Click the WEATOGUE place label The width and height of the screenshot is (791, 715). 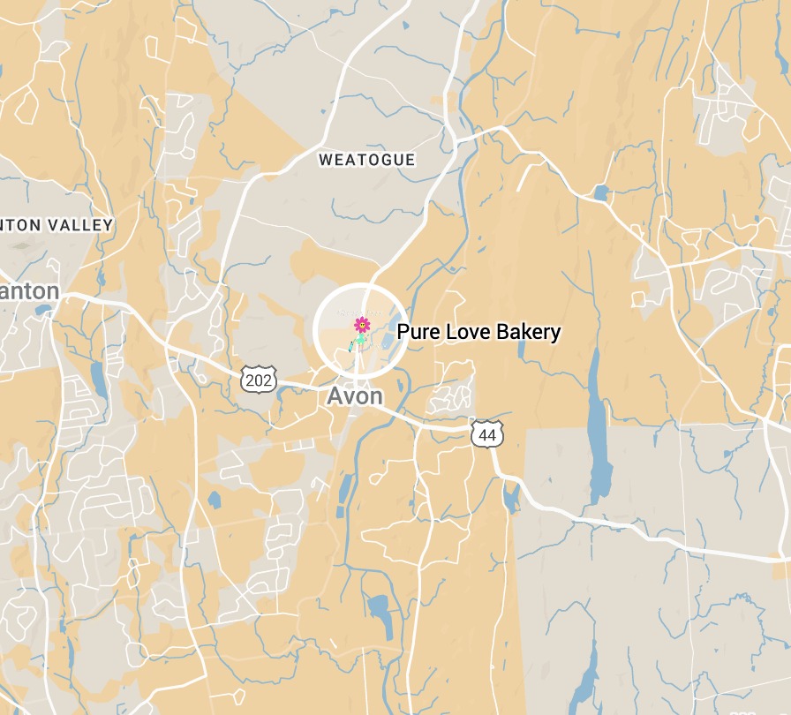coord(366,160)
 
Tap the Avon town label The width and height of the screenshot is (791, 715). coord(355,396)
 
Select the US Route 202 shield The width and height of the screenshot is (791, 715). coord(258,380)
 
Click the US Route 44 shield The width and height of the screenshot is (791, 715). coord(486,433)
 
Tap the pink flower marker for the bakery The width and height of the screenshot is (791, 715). coord(362,326)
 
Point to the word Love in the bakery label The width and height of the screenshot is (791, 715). coord(468,332)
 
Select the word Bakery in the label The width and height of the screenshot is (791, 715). coord(529,333)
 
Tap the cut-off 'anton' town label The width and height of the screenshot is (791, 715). coord(29,291)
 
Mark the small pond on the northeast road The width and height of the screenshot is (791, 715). coord(600,192)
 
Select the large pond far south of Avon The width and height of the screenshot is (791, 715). coord(380,613)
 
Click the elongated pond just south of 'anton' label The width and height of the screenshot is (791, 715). coord(97,380)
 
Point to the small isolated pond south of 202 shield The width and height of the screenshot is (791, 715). coord(215,500)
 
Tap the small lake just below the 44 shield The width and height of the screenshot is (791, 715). coord(510,499)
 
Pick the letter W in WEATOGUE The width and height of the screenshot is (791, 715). coord(324,160)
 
